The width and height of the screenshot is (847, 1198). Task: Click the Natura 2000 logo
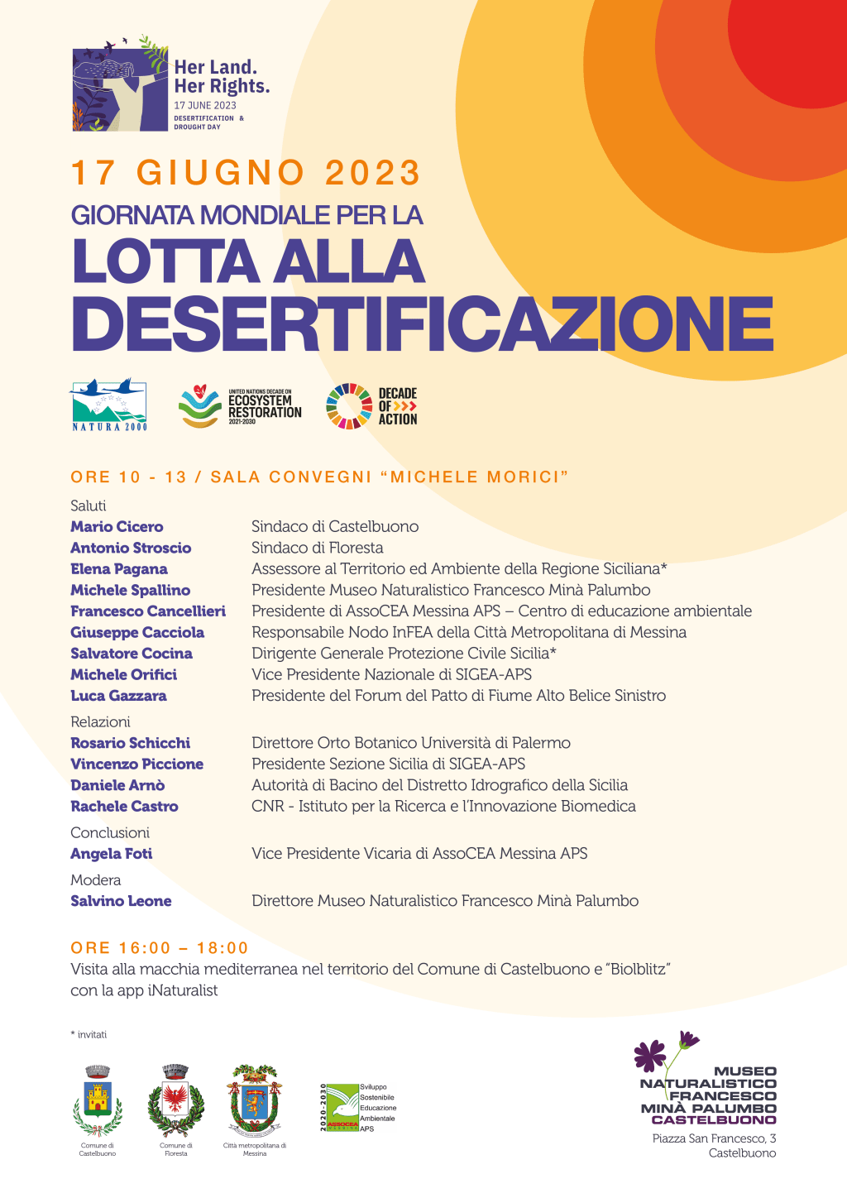(x=109, y=405)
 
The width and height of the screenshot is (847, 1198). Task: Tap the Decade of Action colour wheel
(x=349, y=406)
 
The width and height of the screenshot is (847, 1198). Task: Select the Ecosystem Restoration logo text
(x=264, y=406)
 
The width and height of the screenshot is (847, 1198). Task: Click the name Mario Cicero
(x=117, y=527)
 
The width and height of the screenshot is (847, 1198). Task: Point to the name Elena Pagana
(x=119, y=569)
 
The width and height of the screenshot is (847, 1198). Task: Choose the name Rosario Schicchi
(x=131, y=743)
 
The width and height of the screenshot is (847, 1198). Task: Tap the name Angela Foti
(x=112, y=854)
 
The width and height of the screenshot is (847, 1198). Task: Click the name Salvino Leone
(x=121, y=901)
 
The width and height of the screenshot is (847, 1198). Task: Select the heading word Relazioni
(x=100, y=721)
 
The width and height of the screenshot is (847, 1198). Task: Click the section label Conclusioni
(x=110, y=832)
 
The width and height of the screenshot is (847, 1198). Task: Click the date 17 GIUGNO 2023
(x=246, y=173)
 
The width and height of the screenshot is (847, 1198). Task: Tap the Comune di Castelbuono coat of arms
(x=98, y=1100)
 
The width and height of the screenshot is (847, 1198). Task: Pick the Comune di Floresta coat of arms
(x=175, y=1100)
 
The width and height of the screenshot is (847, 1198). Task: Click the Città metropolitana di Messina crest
(x=255, y=1100)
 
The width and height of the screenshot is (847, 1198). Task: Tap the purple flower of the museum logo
(x=650, y=1055)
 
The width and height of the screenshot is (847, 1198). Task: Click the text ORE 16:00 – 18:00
(x=160, y=948)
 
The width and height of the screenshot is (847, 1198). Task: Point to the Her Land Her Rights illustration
(x=120, y=89)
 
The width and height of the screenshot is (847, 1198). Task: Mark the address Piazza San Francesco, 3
(x=714, y=1138)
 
